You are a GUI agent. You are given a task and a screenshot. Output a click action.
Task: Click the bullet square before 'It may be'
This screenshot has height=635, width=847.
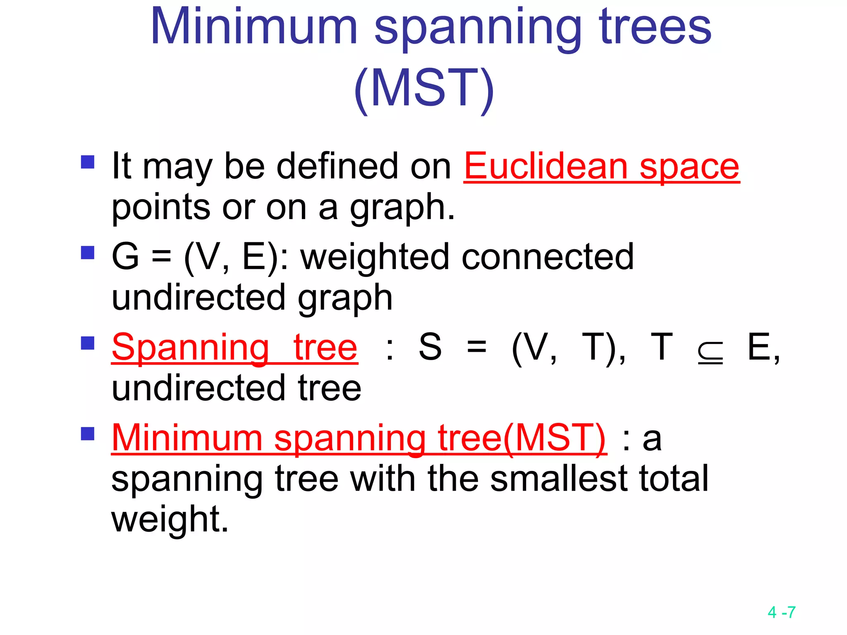(88, 162)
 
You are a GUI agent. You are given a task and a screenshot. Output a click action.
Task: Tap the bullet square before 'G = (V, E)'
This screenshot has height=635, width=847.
(88, 252)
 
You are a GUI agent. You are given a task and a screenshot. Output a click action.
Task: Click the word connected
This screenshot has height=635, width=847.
(547, 257)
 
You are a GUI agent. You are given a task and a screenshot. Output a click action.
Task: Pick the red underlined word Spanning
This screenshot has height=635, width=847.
(191, 349)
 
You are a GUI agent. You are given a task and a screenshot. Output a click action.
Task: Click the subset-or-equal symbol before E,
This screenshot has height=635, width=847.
(710, 353)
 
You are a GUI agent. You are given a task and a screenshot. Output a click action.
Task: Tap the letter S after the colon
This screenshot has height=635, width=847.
(430, 347)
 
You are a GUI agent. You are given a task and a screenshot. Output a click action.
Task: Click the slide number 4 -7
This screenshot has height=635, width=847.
(781, 612)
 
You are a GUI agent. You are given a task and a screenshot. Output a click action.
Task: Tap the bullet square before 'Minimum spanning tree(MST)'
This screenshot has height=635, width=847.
(88, 434)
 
